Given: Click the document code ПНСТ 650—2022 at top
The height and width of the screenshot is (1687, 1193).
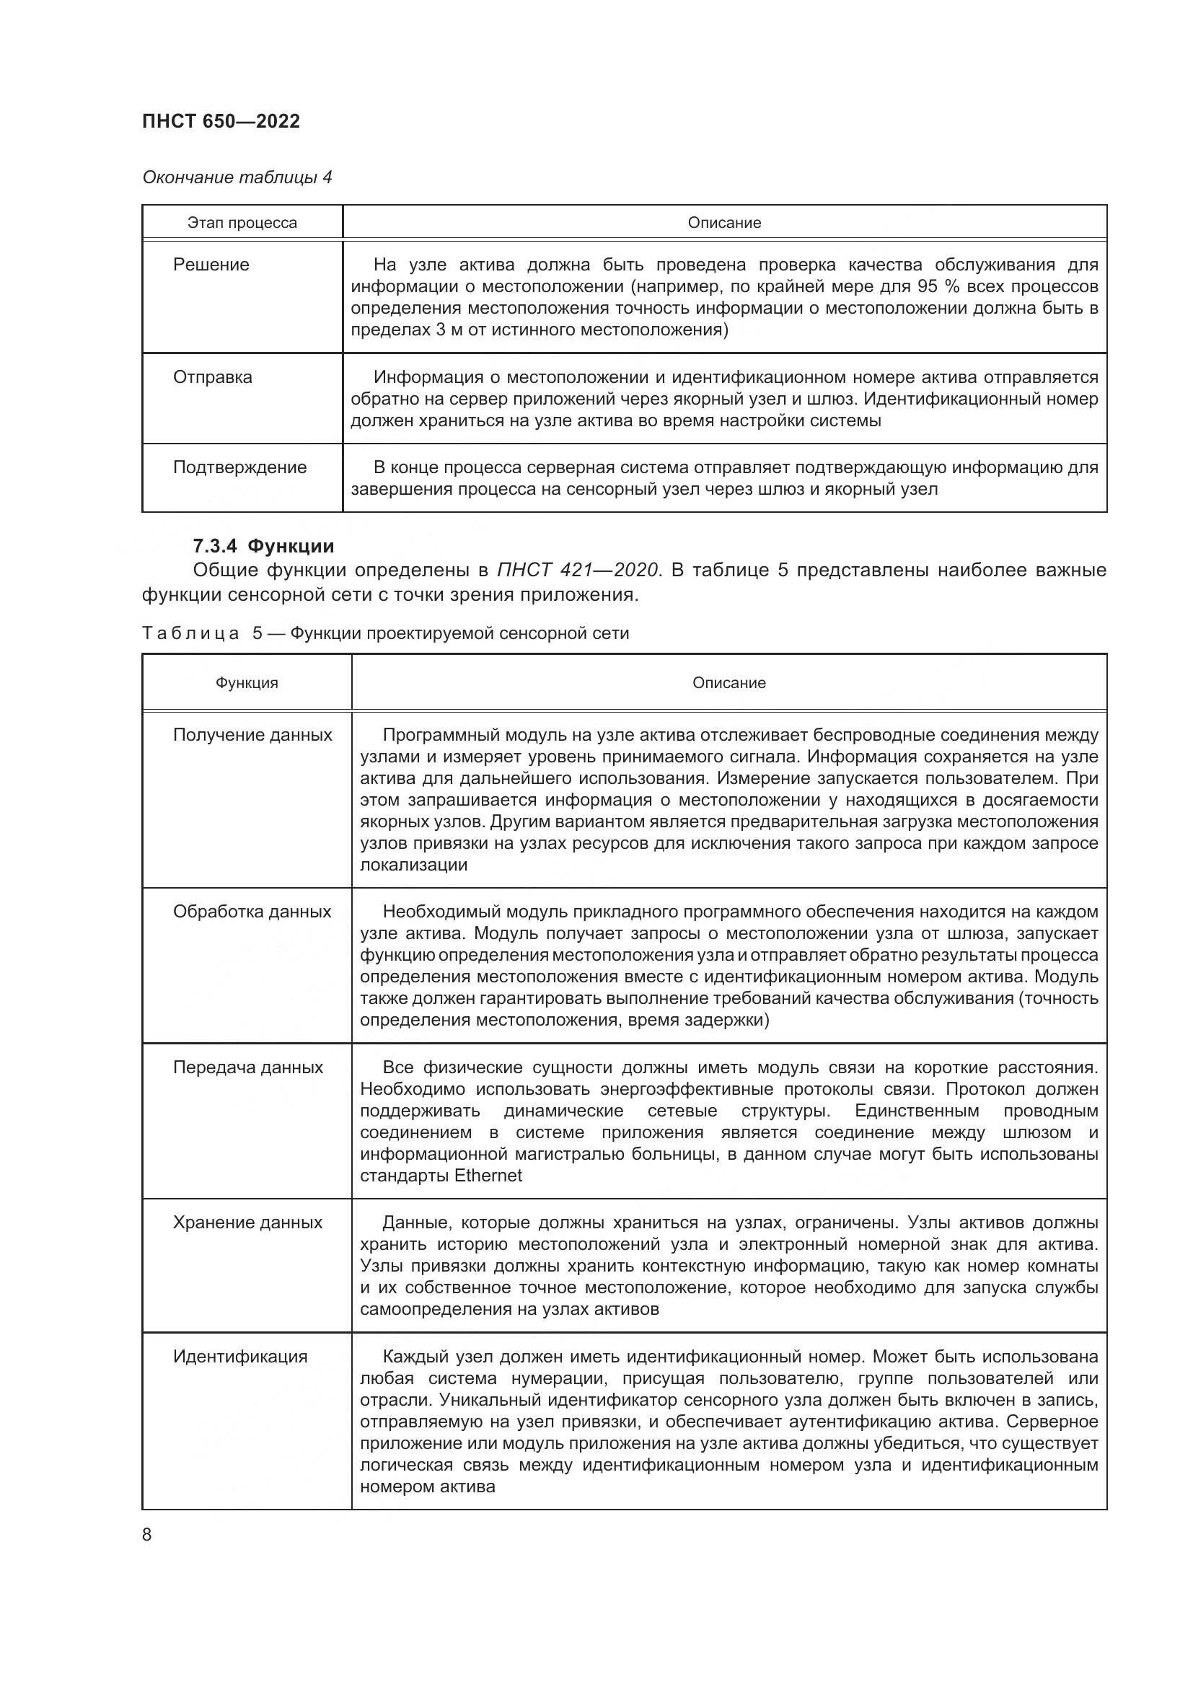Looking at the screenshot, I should click(x=221, y=121).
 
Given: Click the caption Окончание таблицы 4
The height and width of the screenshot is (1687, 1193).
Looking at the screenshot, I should click(x=237, y=177).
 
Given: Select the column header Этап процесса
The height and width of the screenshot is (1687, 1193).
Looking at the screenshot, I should click(x=242, y=223).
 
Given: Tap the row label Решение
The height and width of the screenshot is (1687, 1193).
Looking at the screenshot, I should click(x=211, y=265).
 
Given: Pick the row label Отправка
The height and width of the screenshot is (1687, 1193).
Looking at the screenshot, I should click(x=212, y=377).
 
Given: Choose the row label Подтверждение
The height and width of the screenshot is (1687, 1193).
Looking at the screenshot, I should click(x=239, y=467).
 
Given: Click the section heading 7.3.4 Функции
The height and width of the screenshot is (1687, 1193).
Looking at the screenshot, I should click(x=263, y=546).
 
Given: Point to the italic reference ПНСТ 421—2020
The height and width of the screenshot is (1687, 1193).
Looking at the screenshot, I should click(x=580, y=571).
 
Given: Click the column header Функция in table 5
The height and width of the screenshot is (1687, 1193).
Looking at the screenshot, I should click(x=247, y=682).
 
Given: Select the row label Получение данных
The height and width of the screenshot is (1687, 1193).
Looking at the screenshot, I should click(x=252, y=735).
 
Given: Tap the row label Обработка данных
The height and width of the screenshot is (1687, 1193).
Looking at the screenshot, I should click(x=252, y=911).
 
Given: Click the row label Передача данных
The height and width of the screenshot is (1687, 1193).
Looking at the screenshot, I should click(x=247, y=1067).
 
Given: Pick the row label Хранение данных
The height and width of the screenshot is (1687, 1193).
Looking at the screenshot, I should click(x=247, y=1222).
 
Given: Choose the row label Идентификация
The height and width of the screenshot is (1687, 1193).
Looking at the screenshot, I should click(x=240, y=1357).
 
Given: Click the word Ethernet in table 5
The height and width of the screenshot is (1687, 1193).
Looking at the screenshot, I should click(x=488, y=1175).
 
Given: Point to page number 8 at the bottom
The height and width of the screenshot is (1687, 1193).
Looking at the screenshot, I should click(x=147, y=1534).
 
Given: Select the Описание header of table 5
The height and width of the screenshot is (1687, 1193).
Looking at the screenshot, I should click(x=728, y=682).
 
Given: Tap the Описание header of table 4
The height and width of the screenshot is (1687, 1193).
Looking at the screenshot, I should click(x=724, y=223).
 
